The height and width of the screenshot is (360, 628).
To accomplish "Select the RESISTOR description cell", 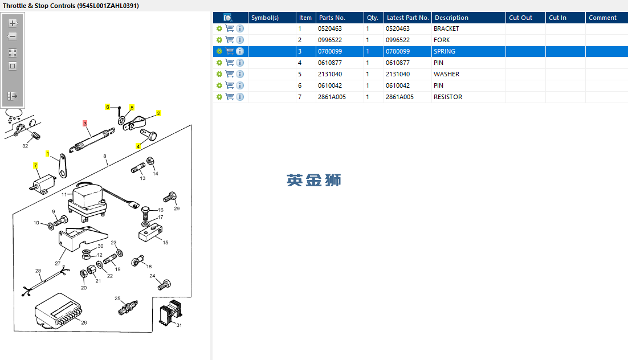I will [x=448, y=97].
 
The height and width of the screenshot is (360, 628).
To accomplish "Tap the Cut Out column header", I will [x=520, y=18].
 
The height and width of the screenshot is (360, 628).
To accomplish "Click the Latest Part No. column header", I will [x=407, y=18].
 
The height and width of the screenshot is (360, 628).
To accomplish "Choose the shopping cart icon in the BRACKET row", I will [x=230, y=28].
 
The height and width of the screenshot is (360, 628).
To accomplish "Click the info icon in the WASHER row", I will [x=240, y=74].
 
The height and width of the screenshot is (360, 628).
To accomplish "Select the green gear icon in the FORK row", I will [x=219, y=40].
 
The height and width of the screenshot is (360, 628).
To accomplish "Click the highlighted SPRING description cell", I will [x=445, y=51].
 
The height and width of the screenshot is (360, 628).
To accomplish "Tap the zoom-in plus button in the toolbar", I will [x=13, y=23].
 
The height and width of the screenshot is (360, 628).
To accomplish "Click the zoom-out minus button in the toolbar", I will [x=13, y=36].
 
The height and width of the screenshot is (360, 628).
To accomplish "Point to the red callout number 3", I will [x=85, y=123].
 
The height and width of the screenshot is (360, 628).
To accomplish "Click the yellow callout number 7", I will [x=35, y=166].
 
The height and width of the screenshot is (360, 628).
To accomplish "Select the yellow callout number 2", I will [x=158, y=113].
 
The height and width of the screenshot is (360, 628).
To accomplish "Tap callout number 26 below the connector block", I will [x=84, y=323].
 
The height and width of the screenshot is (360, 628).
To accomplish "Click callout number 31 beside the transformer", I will [x=178, y=325].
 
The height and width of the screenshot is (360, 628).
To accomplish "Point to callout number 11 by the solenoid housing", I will [x=64, y=195].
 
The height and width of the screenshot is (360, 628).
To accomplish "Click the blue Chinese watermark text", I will [x=314, y=180].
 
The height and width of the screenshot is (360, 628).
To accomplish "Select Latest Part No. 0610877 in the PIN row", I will [x=398, y=63].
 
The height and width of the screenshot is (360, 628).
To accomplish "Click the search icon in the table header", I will [x=227, y=18].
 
